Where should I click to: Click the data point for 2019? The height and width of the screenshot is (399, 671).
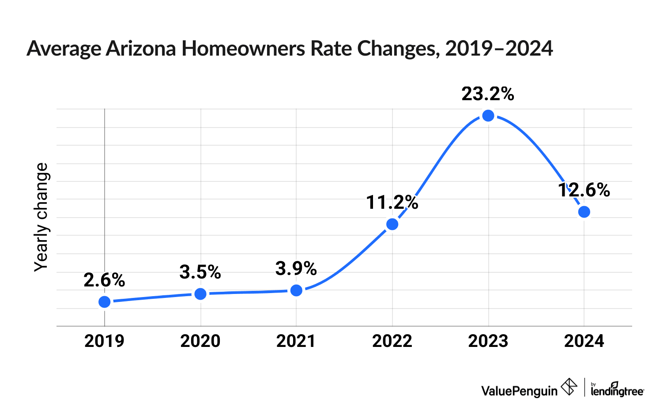pos(105,302)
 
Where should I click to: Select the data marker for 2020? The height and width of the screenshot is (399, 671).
pos(200,294)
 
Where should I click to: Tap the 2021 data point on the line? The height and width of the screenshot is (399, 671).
pos(297,290)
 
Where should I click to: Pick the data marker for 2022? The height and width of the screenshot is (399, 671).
pos(392,224)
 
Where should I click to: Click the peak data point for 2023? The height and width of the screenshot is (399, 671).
pos(488,116)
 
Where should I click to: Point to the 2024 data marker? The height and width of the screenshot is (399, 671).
pos(584,212)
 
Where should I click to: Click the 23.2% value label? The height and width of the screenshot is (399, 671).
pos(488,94)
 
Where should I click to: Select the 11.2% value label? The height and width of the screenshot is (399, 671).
pos(392,203)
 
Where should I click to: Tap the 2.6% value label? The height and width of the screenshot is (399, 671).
pos(105,280)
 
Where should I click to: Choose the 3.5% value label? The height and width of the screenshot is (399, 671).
pos(200,272)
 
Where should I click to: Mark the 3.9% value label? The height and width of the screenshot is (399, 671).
pos(296,268)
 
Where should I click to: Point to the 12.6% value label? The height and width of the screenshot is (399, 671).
pos(584,190)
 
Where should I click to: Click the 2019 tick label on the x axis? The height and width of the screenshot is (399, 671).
pos(105,341)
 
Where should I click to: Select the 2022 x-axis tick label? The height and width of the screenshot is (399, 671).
pos(392,341)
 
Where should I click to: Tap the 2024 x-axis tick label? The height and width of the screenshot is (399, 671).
pos(584,341)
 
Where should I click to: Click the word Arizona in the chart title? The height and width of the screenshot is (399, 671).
pos(141,49)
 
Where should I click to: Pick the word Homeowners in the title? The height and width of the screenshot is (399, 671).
pos(243,49)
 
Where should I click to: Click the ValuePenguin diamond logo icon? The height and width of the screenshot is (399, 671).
pos(569,387)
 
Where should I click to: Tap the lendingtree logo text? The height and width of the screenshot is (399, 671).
pos(617,390)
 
